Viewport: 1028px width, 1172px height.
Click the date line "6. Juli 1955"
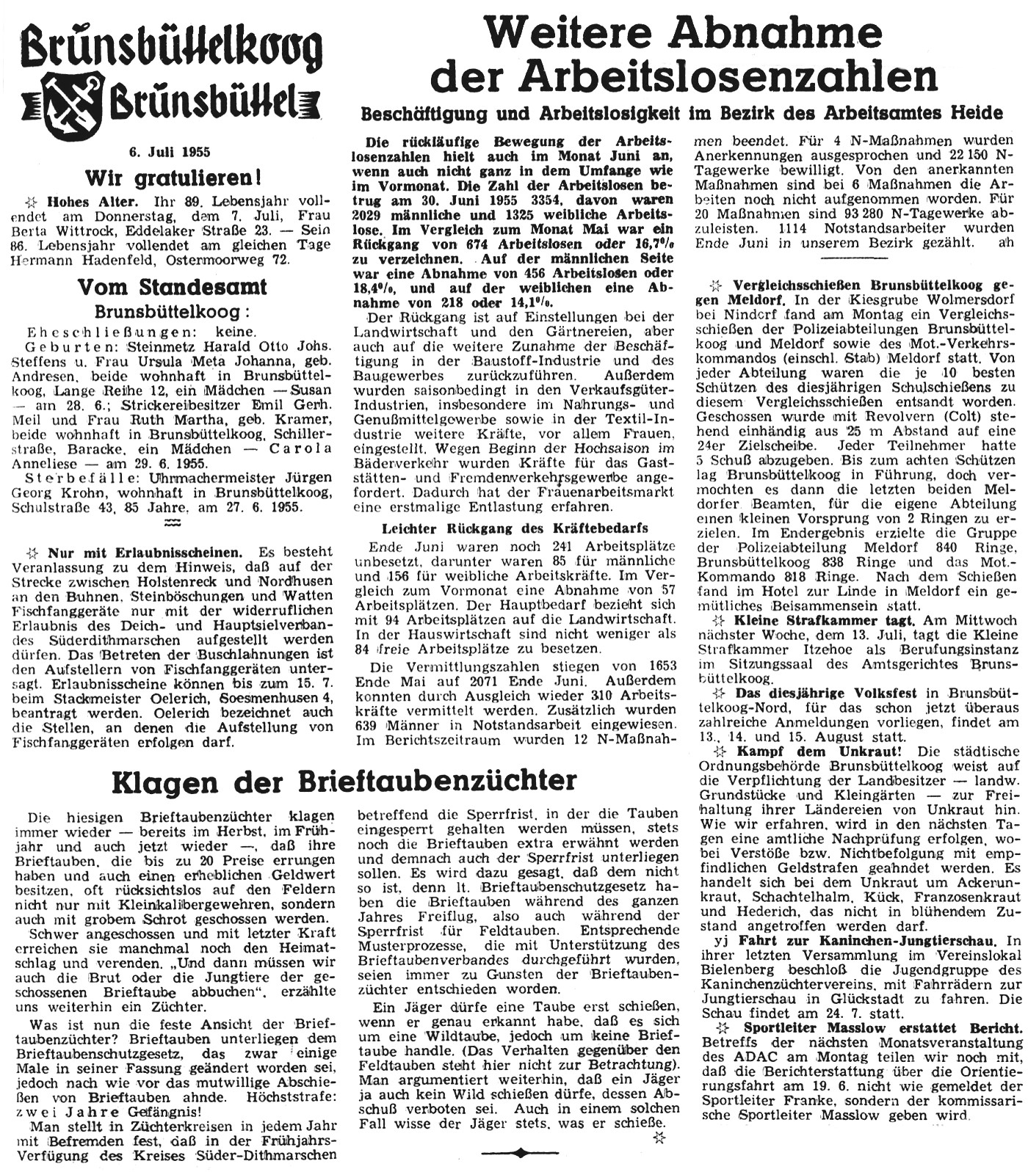[169, 152]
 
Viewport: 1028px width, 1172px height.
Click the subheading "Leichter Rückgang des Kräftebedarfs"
[515, 528]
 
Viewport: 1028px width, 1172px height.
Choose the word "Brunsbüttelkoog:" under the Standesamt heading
[173, 312]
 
